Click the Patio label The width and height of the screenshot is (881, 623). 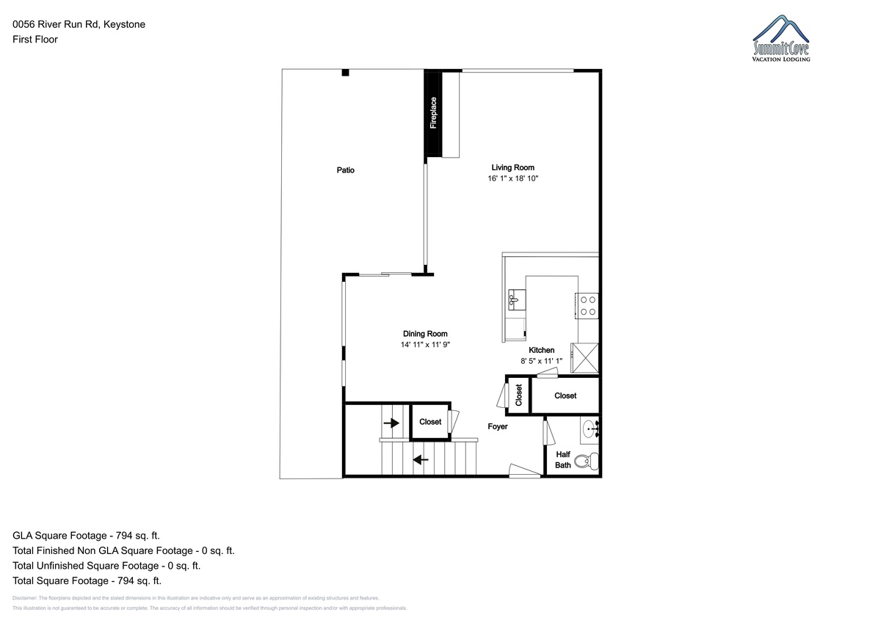pos(345,170)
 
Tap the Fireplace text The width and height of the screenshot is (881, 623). pos(433,113)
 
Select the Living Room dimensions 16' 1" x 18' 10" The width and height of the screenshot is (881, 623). pos(513,178)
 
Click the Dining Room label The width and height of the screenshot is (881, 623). pos(425,334)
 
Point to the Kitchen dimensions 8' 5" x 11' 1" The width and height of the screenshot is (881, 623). pos(542,361)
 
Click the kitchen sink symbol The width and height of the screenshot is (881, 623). pos(517,299)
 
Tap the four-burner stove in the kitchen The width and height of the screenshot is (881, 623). pos(587,306)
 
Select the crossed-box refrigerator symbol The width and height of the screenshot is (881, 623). pos(585,358)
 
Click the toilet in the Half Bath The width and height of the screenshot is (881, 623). pos(587,461)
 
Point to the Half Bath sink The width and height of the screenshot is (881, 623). pos(590,430)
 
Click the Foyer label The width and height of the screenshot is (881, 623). pos(498,426)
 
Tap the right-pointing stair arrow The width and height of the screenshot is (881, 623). pos(391,423)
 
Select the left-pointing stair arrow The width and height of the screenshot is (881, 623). pos(421,459)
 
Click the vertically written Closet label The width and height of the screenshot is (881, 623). pos(518,395)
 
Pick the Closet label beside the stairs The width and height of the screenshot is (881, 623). pos(430,422)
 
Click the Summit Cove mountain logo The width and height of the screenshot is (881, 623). pos(781,38)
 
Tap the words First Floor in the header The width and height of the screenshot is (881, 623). pos(35,40)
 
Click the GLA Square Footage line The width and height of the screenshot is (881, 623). pos(86,536)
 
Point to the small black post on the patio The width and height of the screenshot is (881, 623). pos(345,73)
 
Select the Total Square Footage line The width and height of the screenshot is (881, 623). pos(87,580)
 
